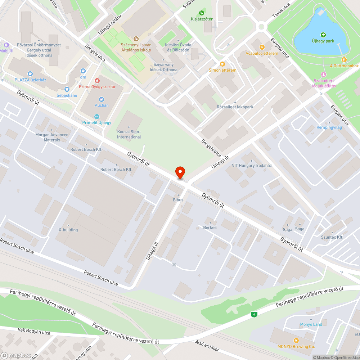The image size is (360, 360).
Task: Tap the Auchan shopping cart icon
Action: (x=102, y=99)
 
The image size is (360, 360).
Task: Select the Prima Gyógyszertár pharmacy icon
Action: (x=97, y=81)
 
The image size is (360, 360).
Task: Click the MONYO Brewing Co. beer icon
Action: (x=296, y=340)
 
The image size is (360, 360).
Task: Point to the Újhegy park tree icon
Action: (x=323, y=35)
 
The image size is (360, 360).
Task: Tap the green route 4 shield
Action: (x=255, y=314)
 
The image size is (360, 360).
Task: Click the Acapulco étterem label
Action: (x=262, y=53)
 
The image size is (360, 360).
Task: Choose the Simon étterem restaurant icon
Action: (x=222, y=64)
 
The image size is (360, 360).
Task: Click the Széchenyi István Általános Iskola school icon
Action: (x=136, y=39)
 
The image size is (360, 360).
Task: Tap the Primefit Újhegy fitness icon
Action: (x=96, y=116)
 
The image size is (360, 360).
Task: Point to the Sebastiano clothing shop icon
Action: (x=67, y=89)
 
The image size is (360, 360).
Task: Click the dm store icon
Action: (x=83, y=71)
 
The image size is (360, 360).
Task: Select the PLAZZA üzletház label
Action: (x=30, y=80)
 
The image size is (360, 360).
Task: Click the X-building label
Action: (x=68, y=230)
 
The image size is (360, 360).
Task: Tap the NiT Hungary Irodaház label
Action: (x=251, y=166)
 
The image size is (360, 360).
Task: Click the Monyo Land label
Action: (x=311, y=324)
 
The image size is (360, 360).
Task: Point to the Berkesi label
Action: (x=210, y=228)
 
